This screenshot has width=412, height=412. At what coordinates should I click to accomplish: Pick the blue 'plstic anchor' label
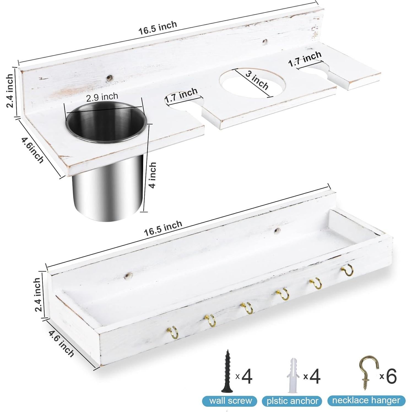(x=292, y=401)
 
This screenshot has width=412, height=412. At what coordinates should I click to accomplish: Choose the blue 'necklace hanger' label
(x=366, y=400)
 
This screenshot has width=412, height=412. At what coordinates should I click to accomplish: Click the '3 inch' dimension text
(x=257, y=81)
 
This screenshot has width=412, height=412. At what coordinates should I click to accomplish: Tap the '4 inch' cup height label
(x=152, y=175)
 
